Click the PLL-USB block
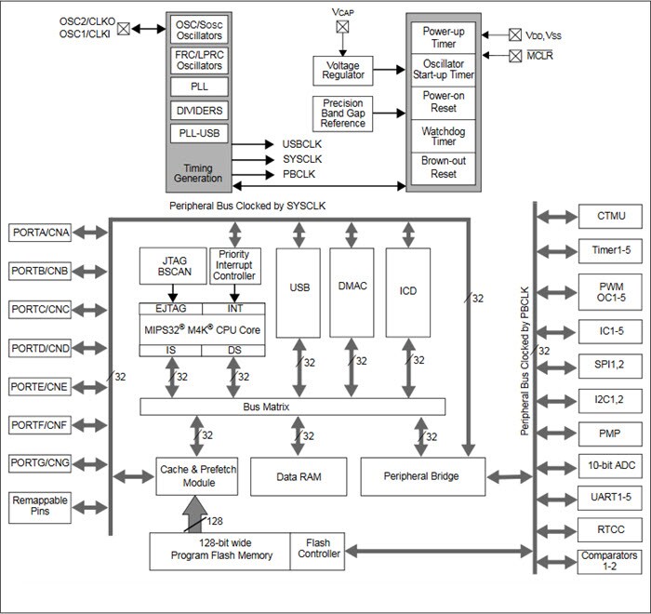198,132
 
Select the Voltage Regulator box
343,69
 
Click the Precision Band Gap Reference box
343,113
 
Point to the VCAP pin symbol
342,27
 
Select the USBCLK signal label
301,144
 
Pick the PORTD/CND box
40,347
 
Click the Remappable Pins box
40,507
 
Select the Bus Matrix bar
292,407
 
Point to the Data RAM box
299,475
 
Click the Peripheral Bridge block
421,475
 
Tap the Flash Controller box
316,549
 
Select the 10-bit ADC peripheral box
606,463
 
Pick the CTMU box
606,217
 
